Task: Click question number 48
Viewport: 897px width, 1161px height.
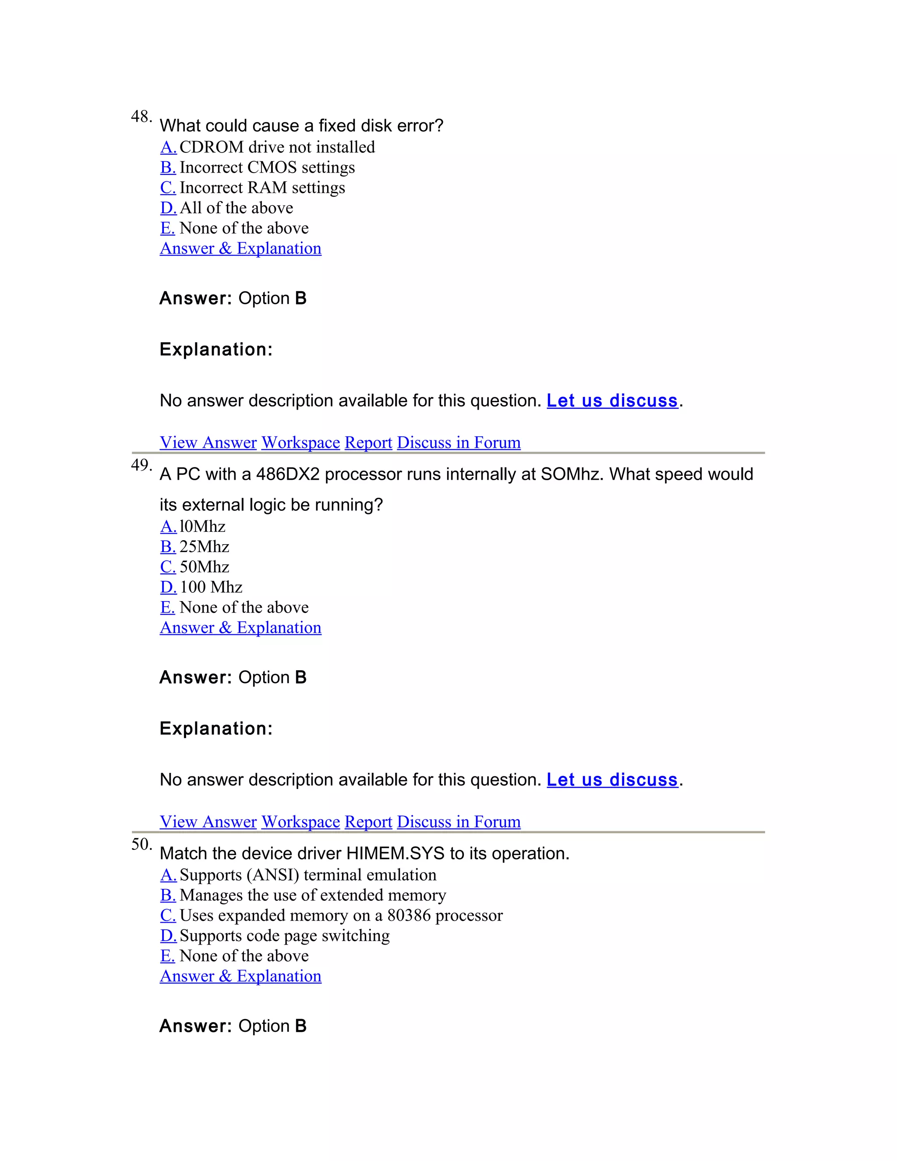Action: pyautogui.click(x=141, y=117)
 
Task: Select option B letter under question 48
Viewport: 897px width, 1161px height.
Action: pyautogui.click(x=168, y=167)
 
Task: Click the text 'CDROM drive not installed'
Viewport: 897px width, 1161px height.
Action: pyautogui.click(x=277, y=147)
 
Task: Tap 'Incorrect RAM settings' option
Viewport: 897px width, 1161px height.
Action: pyautogui.click(x=262, y=188)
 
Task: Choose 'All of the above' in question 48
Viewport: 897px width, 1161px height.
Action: pyautogui.click(x=236, y=208)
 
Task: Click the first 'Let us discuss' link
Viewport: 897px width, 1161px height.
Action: pyautogui.click(x=612, y=400)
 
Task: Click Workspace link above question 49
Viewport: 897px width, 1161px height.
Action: pyautogui.click(x=300, y=442)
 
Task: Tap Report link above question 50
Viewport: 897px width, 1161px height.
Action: pyautogui.click(x=368, y=821)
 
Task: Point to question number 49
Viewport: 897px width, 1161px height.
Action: pyautogui.click(x=141, y=465)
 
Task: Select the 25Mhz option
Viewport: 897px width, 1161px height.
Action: pyautogui.click(x=204, y=546)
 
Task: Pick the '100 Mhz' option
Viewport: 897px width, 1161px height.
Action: pyautogui.click(x=211, y=587)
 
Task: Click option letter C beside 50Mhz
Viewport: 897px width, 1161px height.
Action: pyautogui.click(x=168, y=566)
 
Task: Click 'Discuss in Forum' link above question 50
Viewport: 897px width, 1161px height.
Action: pyautogui.click(x=459, y=821)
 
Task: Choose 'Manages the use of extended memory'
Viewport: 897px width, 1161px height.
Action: pyautogui.click(x=312, y=895)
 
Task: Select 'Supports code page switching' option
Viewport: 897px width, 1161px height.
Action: pyautogui.click(x=284, y=935)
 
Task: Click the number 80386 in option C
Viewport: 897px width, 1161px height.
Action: pyautogui.click(x=409, y=915)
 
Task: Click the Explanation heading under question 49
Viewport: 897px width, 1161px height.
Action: pyautogui.click(x=216, y=728)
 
